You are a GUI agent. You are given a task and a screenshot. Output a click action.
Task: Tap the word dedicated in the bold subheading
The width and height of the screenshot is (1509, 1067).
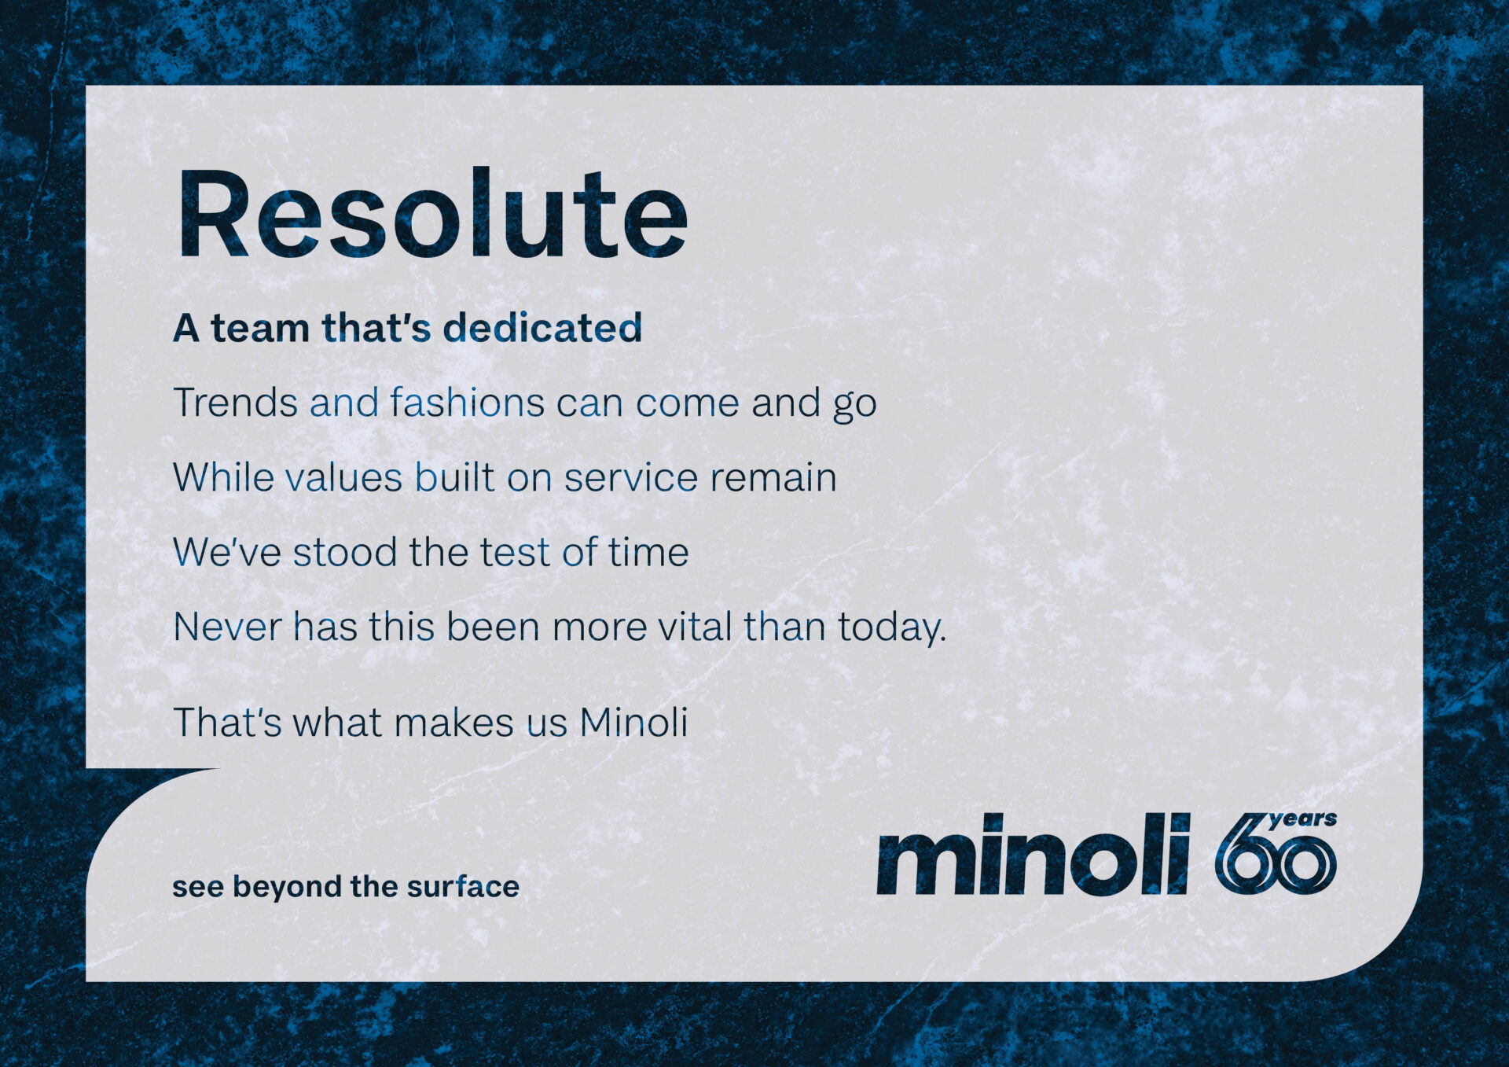tap(542, 327)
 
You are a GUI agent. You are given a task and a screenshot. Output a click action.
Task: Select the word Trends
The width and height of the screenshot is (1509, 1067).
tap(235, 403)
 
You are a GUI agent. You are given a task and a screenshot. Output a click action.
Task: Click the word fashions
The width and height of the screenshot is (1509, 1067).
tap(468, 402)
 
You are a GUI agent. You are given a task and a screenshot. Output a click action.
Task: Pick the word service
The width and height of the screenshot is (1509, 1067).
tap(631, 478)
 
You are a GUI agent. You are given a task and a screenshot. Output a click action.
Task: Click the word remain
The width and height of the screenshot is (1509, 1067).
tap(773, 477)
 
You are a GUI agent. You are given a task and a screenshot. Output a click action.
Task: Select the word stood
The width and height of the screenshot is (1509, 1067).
tap(345, 551)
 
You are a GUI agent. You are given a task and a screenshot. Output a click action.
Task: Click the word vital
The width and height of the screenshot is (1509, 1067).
tap(695, 626)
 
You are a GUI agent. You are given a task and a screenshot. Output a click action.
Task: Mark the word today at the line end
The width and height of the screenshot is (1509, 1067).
tap(892, 628)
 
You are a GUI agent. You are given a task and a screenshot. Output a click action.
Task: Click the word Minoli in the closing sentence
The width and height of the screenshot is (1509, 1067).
tap(633, 722)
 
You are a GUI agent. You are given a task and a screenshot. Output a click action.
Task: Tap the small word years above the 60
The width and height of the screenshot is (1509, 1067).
tap(1302, 821)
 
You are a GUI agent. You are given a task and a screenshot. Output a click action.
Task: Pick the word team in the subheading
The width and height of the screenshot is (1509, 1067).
tap(260, 328)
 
